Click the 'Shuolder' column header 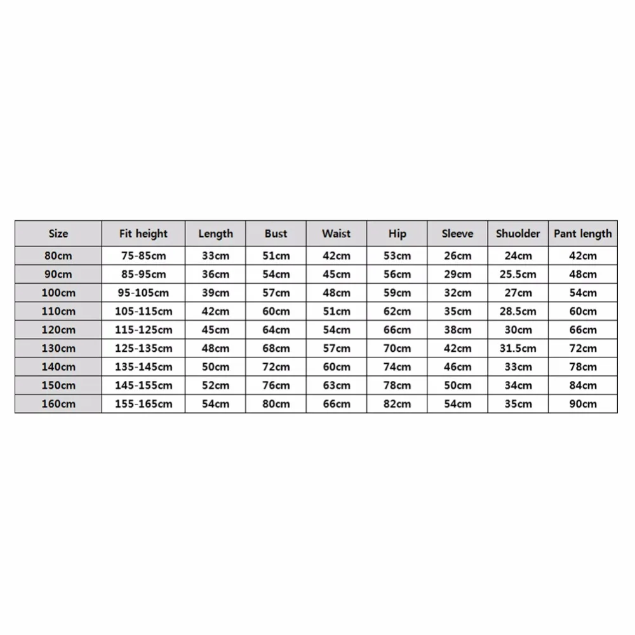(518, 234)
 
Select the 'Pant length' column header (582, 234)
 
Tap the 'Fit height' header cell (143, 234)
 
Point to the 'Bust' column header (276, 234)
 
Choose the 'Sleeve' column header (457, 234)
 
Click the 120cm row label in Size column (58, 330)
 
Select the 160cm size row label (58, 404)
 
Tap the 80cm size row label (58, 256)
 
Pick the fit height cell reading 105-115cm (143, 312)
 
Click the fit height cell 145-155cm (143, 385)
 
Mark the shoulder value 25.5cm (518, 274)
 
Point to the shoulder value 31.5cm (518, 349)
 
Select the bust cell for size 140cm (276, 367)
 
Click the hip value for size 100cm (397, 293)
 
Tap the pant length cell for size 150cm (582, 385)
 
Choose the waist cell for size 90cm (336, 274)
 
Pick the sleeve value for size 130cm (457, 349)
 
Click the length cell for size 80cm (215, 256)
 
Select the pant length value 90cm (582, 404)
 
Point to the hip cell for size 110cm (397, 312)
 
